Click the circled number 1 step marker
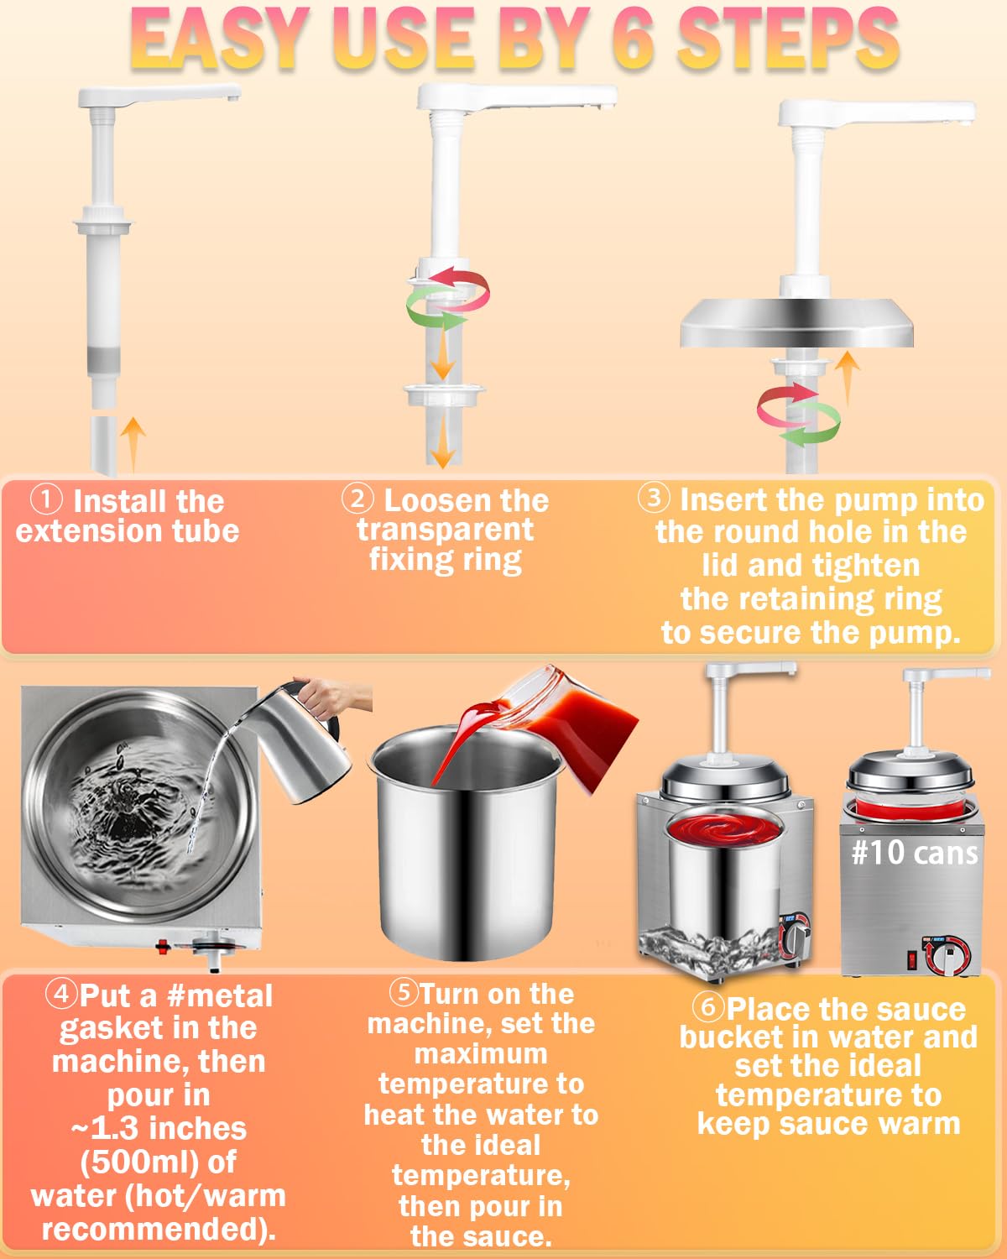pos(46,499)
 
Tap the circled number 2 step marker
pos(357,499)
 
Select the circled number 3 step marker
pos(654,497)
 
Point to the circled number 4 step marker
pos(61,994)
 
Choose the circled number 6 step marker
pos(708,1006)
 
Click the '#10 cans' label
pos(915,853)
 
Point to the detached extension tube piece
pos(104,446)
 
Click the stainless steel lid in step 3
pos(796,323)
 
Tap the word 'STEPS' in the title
pos(788,39)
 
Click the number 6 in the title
pos(633,39)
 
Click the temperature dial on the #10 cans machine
pos(946,956)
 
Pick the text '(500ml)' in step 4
pos(158,1162)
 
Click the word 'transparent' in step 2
pos(446,530)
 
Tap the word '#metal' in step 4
pos(220,995)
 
